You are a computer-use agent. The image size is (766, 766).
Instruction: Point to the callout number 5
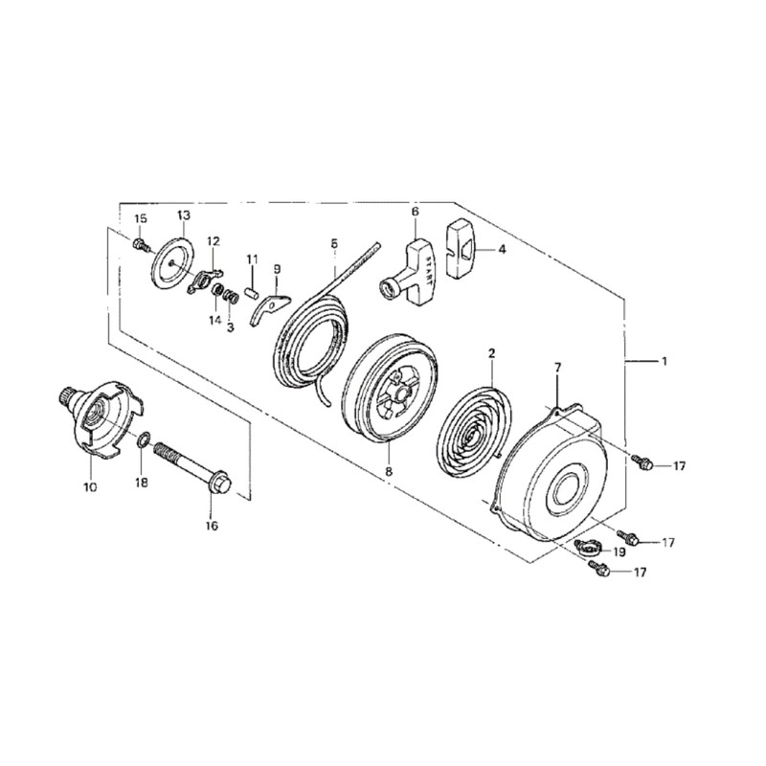333,245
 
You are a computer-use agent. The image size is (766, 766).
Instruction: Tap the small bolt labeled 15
143,246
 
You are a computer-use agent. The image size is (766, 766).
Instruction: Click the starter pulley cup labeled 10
101,414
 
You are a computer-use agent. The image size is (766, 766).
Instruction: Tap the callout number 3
230,327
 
